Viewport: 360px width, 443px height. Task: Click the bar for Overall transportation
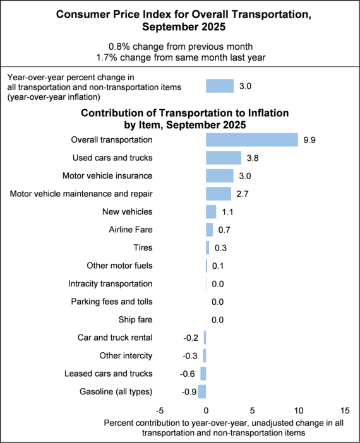[x=251, y=139]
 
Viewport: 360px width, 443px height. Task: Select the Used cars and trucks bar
[x=224, y=158]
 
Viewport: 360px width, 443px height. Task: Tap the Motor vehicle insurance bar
[x=220, y=175]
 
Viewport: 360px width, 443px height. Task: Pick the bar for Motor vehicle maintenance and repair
[x=219, y=194]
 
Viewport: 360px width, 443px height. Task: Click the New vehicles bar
[x=211, y=211]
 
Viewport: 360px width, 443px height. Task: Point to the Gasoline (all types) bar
[x=202, y=391]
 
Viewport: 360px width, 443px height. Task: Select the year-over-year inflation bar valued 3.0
[x=220, y=86]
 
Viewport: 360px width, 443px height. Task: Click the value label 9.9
[x=309, y=140]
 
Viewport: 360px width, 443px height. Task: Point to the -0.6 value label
[x=188, y=374]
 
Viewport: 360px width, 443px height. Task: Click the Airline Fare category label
[x=131, y=230]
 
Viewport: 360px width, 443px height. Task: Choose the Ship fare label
[x=135, y=319]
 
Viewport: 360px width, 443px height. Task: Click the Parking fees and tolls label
[x=111, y=302]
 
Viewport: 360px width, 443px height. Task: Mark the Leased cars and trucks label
[x=108, y=374]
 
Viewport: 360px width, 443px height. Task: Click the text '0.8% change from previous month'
[x=179, y=45]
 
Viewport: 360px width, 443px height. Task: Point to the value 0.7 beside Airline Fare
[x=224, y=230]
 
